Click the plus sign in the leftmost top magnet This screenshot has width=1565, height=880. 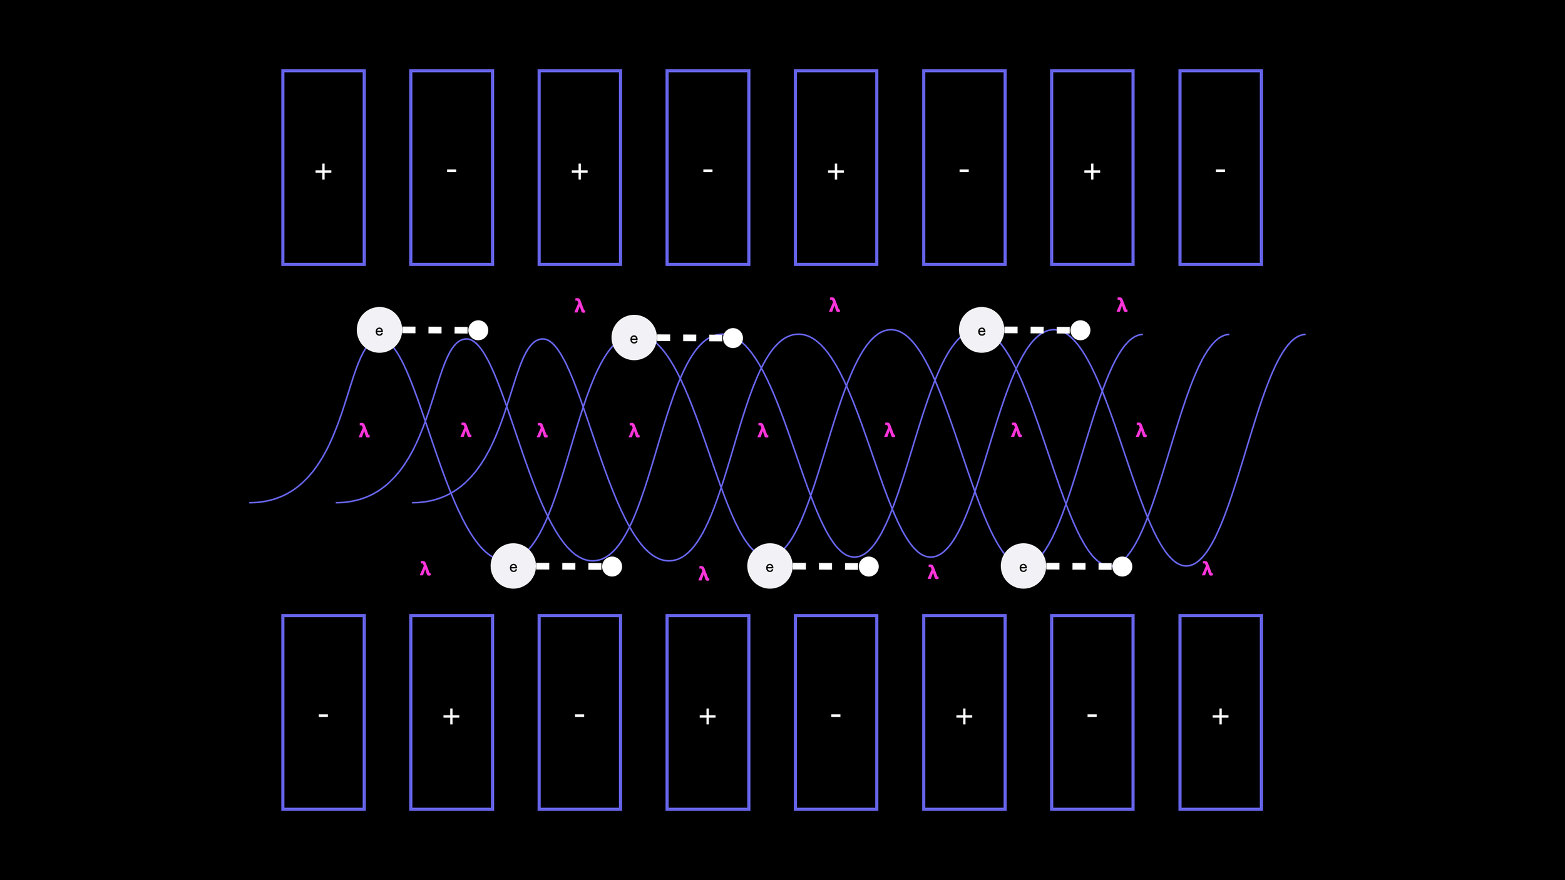[323, 171]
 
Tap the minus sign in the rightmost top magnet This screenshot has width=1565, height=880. [1220, 170]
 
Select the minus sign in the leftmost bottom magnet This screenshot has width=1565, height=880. [323, 715]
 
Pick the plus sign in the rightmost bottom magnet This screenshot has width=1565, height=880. [1220, 716]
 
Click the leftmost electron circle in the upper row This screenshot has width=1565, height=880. [379, 330]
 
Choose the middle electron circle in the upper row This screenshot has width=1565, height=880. [634, 338]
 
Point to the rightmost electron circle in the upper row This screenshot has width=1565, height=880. [982, 330]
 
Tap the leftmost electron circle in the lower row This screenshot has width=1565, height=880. [513, 566]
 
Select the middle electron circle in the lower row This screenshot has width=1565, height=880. [770, 566]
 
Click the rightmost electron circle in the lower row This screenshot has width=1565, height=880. [1024, 566]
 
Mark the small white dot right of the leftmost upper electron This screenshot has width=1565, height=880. [478, 330]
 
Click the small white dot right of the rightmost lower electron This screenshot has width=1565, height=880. [1122, 566]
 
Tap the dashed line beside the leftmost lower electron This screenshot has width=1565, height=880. [568, 566]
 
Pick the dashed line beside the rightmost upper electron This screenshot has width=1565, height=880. [1037, 330]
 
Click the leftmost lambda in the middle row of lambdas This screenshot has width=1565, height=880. [364, 431]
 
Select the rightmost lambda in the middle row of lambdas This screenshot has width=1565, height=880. [1141, 430]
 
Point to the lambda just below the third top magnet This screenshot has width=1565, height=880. [580, 306]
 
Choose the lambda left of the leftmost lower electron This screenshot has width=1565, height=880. [425, 569]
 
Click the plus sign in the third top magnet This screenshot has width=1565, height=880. [580, 171]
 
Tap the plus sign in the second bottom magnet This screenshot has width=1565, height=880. [451, 716]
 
